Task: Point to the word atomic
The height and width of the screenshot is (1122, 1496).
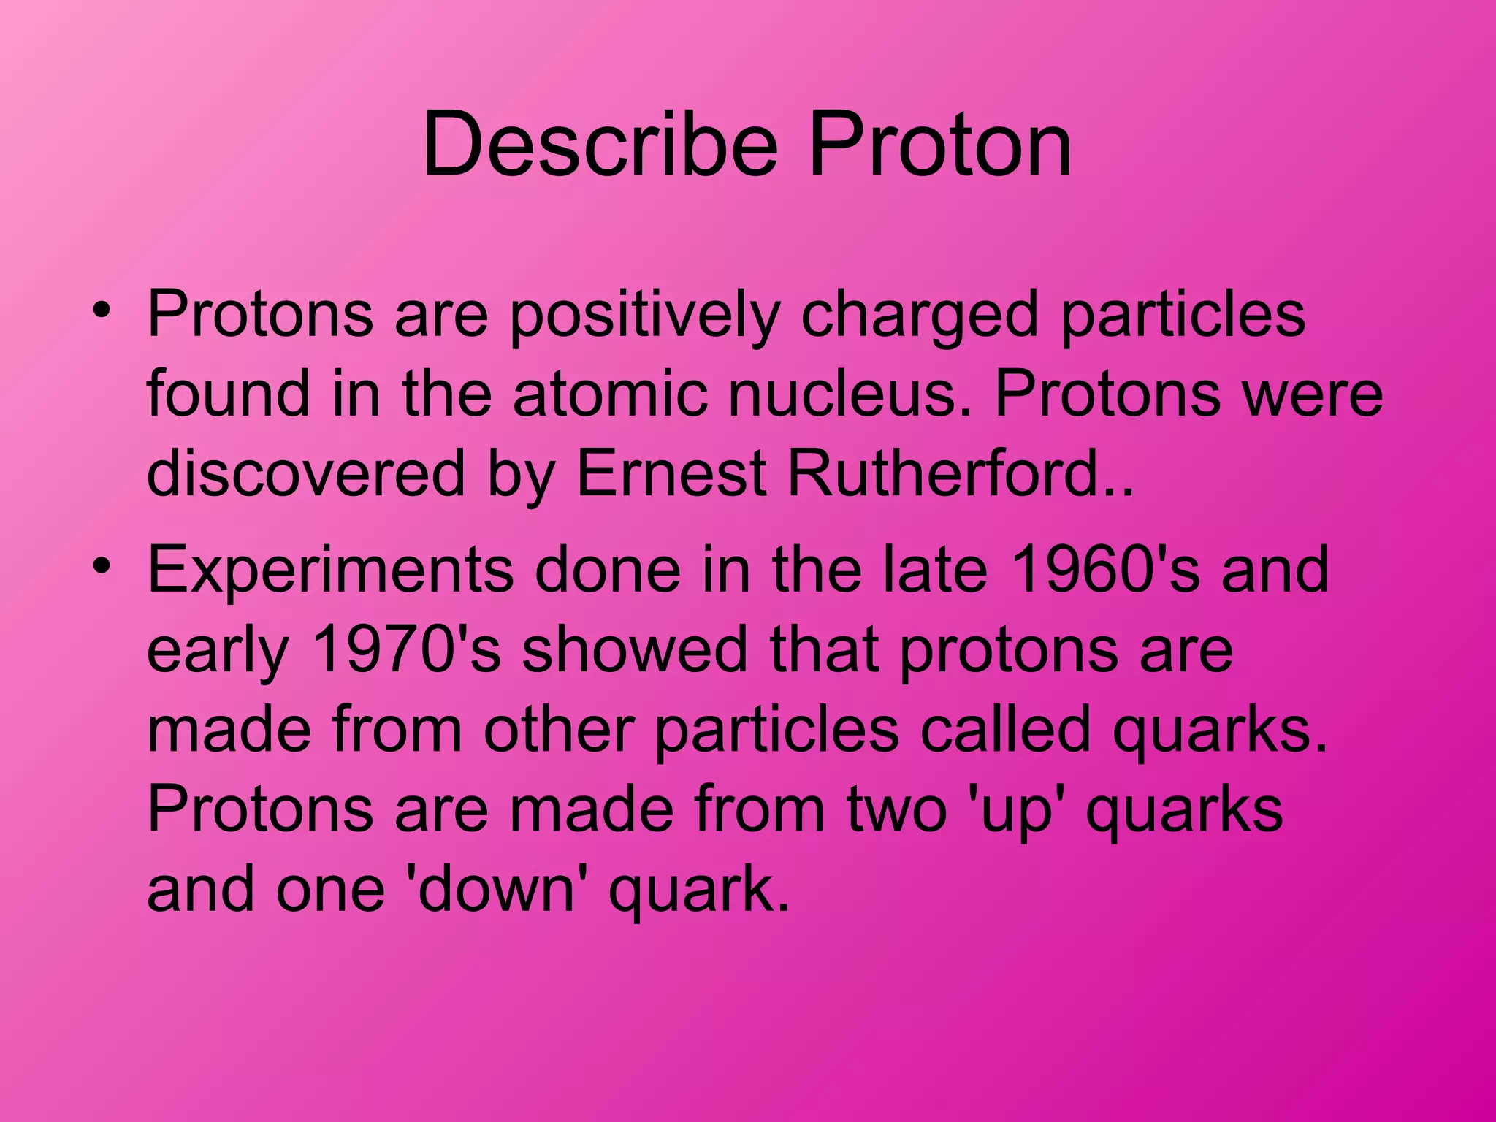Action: [x=609, y=394]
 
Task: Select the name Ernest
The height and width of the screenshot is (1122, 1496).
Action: [x=671, y=473]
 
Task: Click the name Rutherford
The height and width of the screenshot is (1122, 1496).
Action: [x=953, y=473]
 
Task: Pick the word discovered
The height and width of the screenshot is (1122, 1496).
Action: [x=305, y=473]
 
